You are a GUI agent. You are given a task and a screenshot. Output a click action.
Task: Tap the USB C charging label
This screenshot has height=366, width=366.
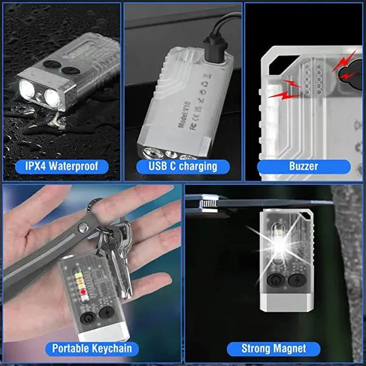tap(182, 166)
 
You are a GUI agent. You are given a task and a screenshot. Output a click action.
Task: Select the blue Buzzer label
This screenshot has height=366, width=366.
tap(303, 166)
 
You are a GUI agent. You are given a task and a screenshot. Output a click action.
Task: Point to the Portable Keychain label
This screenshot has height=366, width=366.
tap(91, 349)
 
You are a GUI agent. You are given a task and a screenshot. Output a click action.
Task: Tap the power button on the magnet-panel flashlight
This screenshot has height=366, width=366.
tap(276, 280)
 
